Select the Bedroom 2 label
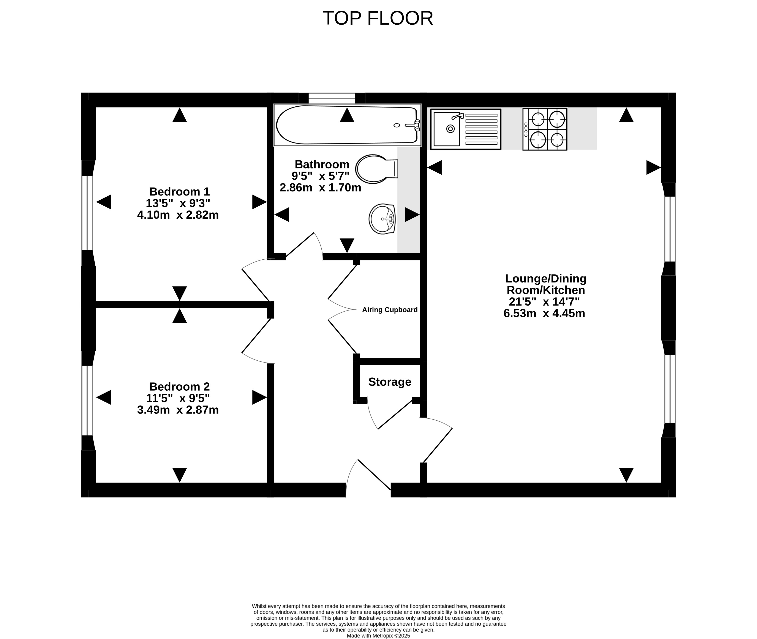[x=179, y=387]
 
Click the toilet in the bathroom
[x=376, y=169]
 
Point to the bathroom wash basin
[x=382, y=219]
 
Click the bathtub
[x=347, y=125]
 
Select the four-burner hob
[x=545, y=129]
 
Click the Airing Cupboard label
[x=390, y=310]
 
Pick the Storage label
[x=390, y=382]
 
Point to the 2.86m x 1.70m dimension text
[x=320, y=188]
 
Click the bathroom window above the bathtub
[x=332, y=98]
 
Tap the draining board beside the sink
[x=481, y=129]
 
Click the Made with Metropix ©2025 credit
[x=378, y=635]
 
